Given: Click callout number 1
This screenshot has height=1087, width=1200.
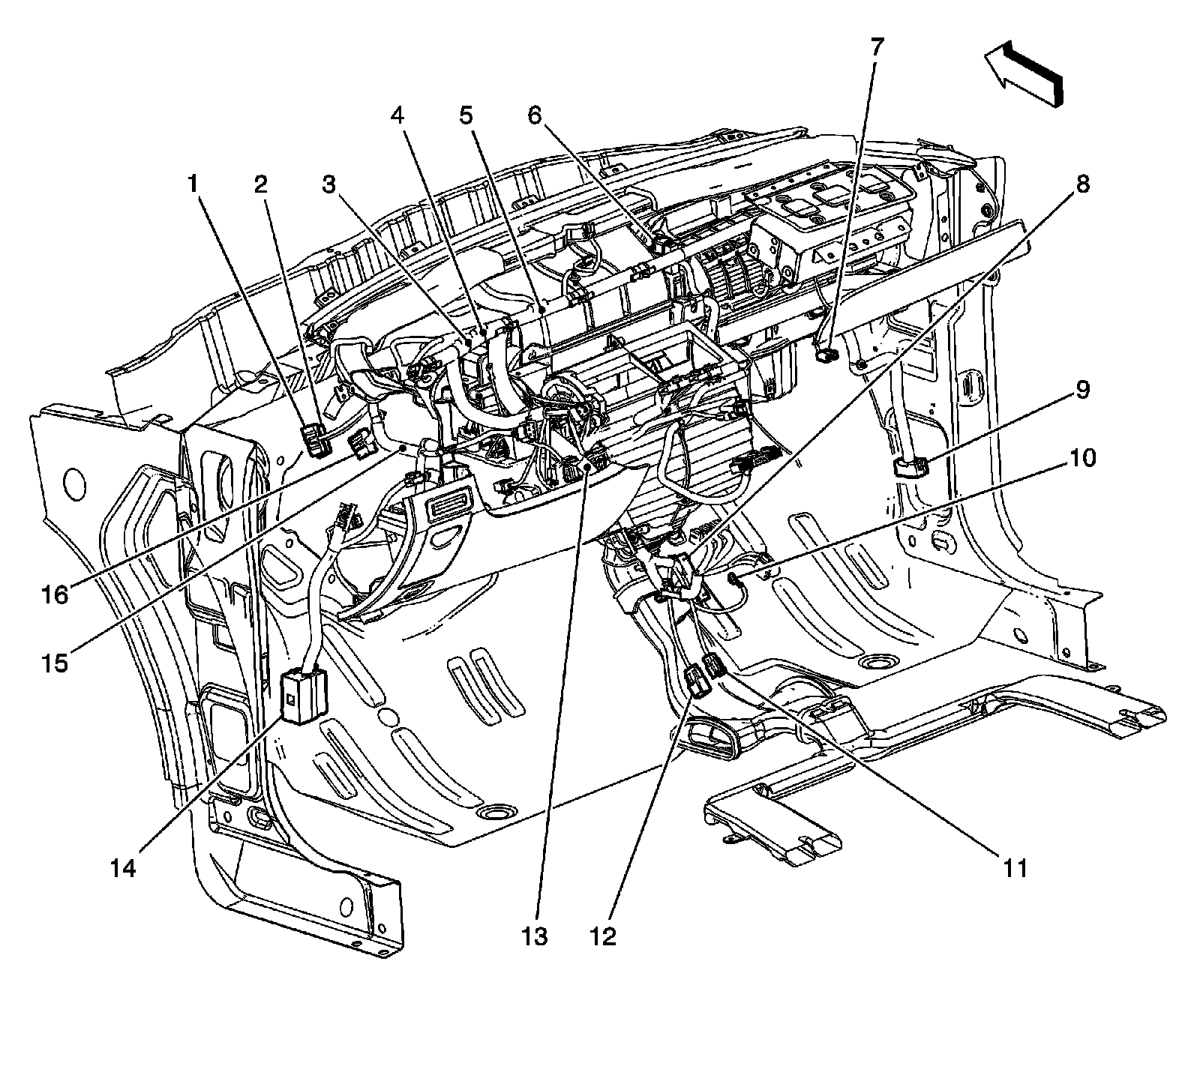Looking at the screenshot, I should click(194, 184).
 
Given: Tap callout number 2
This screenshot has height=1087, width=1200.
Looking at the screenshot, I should click(260, 184).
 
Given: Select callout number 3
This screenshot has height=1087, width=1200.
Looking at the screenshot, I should click(328, 184).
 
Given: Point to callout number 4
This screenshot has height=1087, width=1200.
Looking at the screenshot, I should click(397, 116).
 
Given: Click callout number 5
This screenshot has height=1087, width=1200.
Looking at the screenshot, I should click(466, 116).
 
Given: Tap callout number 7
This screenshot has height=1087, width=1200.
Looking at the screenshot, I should click(877, 46).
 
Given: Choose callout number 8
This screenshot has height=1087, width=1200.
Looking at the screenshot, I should click(1083, 184).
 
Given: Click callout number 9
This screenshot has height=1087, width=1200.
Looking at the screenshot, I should click(1082, 391).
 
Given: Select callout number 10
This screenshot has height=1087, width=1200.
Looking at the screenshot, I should click(1081, 458).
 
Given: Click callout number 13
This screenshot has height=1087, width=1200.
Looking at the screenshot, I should click(537, 936).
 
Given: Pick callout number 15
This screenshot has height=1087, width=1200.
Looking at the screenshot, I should click(55, 663).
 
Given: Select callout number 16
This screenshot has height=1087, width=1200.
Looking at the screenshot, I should click(55, 594).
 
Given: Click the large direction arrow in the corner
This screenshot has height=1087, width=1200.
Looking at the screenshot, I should click(1024, 72).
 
